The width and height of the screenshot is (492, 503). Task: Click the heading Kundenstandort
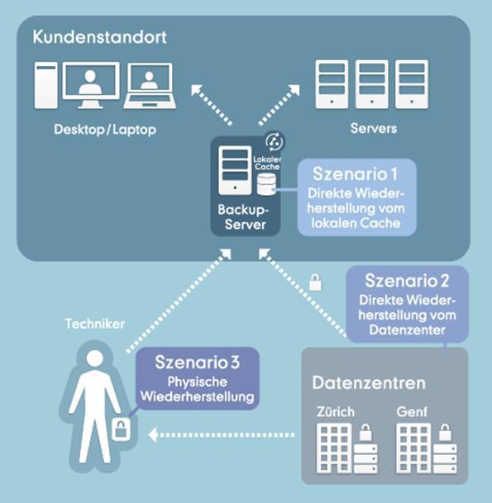coord(99,37)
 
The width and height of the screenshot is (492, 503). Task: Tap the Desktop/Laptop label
coord(105,130)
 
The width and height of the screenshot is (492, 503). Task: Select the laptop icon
coord(150,86)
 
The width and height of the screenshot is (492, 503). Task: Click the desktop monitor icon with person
coord(91,85)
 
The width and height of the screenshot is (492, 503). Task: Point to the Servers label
coord(374,128)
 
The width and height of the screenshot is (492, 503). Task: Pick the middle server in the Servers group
coord(371,84)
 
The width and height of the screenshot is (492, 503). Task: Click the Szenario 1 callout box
coord(356,197)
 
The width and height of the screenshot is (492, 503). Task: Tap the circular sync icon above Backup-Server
coord(275,141)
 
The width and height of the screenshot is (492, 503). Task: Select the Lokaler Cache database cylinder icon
coord(266,184)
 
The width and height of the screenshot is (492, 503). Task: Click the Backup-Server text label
coord(243,217)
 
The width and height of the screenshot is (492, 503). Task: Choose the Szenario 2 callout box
coord(407,303)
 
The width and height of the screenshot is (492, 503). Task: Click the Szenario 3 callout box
coord(197,378)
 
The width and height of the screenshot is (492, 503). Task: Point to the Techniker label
coord(95,324)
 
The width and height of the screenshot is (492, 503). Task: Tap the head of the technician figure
coord(95,359)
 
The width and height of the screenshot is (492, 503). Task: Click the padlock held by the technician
coord(121,429)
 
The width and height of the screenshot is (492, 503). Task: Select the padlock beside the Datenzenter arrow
coord(315,282)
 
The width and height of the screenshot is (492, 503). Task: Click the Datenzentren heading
coord(369,382)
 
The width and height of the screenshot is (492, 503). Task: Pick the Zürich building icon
coord(334,448)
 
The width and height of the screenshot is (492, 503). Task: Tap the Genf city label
coord(412,411)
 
